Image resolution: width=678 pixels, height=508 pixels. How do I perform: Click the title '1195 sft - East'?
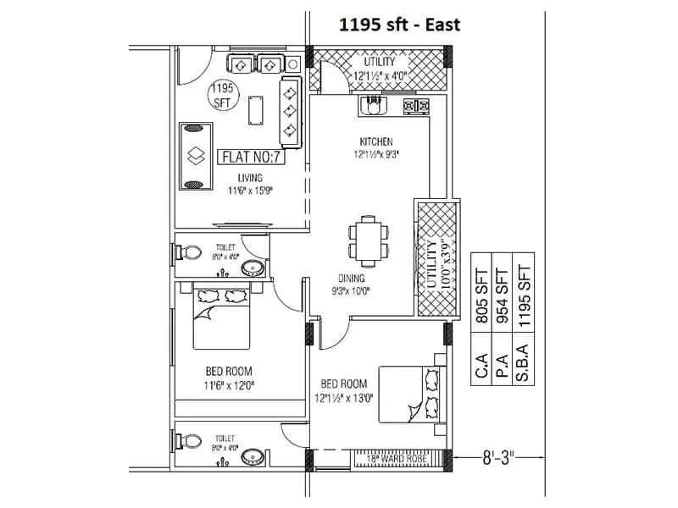(x=399, y=25)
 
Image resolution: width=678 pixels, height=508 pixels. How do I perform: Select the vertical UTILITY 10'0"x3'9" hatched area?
(x=434, y=258)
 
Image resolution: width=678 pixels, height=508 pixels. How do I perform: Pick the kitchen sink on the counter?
(x=373, y=106)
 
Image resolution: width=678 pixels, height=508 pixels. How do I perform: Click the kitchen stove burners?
(x=415, y=106)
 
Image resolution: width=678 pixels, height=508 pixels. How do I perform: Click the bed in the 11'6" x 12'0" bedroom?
(x=221, y=317)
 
